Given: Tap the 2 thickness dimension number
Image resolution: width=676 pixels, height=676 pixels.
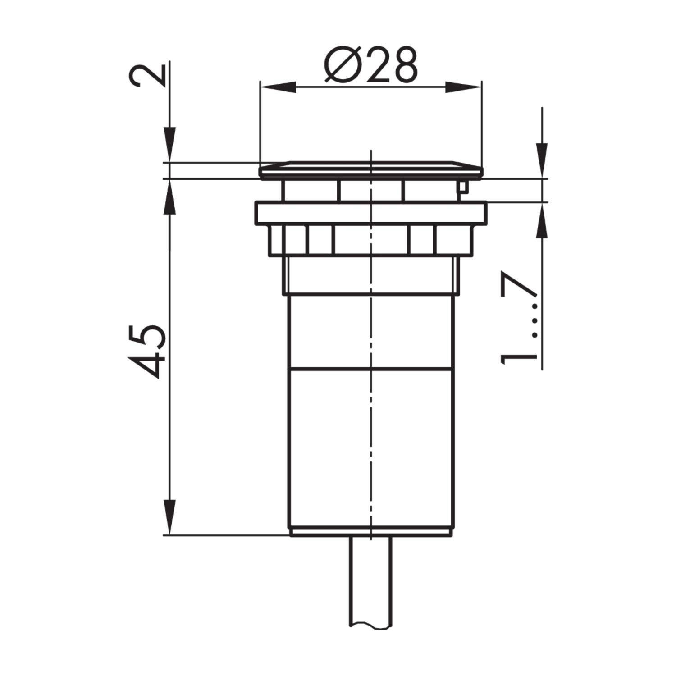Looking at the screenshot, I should pos(146,75).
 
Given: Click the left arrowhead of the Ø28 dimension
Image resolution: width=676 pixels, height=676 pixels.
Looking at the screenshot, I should pos(279,87).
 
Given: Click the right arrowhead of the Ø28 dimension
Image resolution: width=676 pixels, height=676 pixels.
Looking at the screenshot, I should pos(463,87).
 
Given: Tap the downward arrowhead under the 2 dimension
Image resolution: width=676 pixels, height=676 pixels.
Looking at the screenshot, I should pos(169,144).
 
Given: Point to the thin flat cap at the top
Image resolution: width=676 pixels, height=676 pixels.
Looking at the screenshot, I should pos(370,169).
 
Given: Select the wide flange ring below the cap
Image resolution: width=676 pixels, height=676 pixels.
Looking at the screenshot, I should pos(370,213).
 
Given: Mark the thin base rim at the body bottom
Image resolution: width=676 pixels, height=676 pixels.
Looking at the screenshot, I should pos(370,532).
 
